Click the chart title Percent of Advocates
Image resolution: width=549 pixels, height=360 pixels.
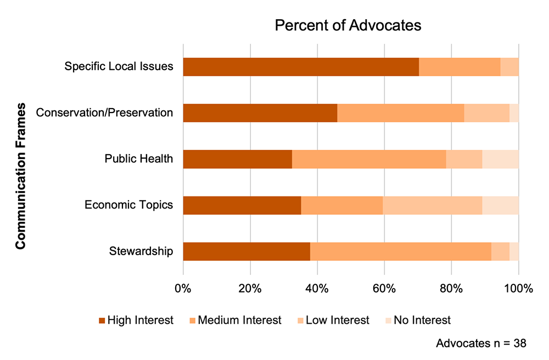coord(348,26)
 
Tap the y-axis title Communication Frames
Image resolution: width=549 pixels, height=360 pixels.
coord(21,176)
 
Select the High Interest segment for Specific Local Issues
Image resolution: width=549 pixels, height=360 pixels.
coord(301,66)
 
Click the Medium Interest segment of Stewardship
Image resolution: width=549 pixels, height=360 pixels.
coord(401,251)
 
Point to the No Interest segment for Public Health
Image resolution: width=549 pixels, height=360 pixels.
coord(500,159)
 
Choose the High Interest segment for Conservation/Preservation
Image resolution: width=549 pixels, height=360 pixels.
coord(260,113)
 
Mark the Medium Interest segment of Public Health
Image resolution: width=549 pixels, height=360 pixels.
coord(369,159)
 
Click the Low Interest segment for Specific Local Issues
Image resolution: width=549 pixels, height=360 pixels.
coord(509,66)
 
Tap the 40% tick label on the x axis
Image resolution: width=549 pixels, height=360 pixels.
coord(317,289)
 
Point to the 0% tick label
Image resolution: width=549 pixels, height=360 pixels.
coord(183,289)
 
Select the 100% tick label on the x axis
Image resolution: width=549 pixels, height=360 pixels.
coord(518,289)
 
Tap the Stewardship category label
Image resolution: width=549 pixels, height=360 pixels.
coord(141,251)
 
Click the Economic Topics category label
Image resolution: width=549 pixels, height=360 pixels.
coord(129,205)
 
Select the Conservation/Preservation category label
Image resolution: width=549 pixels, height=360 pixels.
coord(104,113)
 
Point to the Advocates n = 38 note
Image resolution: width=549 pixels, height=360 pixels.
coord(481,344)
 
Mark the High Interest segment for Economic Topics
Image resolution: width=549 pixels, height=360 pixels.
coord(242,205)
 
